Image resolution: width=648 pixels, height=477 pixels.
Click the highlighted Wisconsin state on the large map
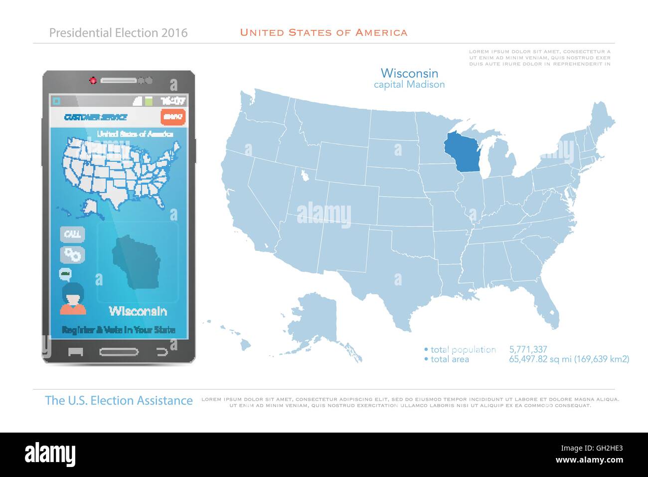point(461,152)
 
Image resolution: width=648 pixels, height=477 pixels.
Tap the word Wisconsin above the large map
point(409,73)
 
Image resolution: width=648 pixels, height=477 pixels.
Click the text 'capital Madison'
point(409,85)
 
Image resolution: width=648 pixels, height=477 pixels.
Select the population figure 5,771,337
point(528,350)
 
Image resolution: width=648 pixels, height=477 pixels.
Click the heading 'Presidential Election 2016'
point(119,33)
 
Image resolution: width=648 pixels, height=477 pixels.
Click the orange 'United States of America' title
point(324,33)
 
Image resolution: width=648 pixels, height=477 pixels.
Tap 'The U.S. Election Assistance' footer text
point(119,401)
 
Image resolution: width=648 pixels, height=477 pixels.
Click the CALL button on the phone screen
point(73,234)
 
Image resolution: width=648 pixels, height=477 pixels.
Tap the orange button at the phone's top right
point(173,117)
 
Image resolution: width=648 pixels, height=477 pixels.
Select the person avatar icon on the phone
point(73,298)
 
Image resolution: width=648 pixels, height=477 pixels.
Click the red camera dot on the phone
point(93,80)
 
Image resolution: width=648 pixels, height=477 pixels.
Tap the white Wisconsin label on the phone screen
point(138,311)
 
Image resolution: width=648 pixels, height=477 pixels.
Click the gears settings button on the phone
point(73,254)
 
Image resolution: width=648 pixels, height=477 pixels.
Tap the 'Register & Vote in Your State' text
point(119,330)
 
